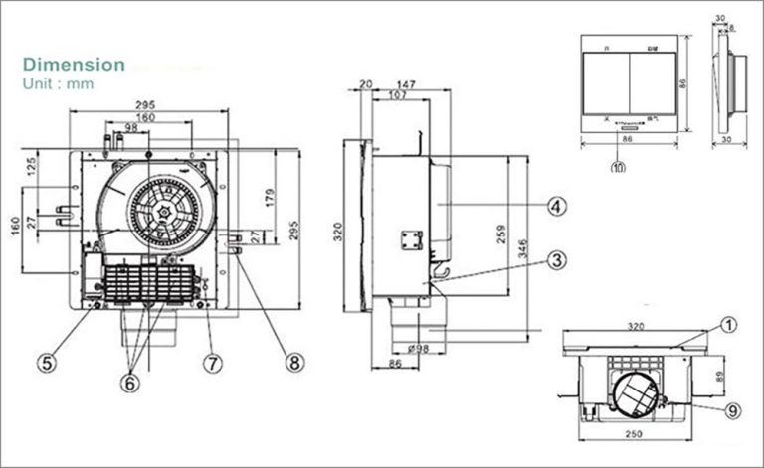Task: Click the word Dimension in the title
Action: [x=75, y=65]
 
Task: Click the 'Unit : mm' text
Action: [x=58, y=84]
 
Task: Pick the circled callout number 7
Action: [x=212, y=363]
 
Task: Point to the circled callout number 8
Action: [x=292, y=363]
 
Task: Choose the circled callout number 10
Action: [x=619, y=168]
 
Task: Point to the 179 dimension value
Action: [x=268, y=197]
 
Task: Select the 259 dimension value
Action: [x=502, y=234]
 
